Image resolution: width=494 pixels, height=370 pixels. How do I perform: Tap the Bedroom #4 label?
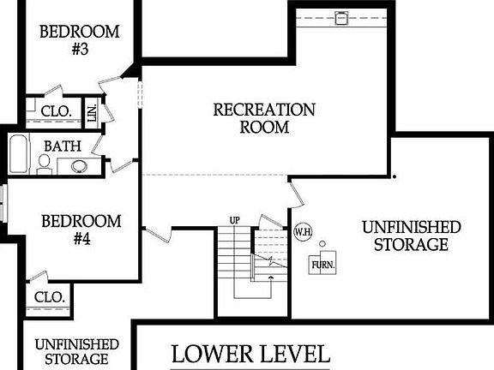81,230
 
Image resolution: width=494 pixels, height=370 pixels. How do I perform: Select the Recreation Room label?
264,118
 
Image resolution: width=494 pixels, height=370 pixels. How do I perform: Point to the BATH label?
63,146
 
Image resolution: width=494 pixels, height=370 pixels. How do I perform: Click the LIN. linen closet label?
92,112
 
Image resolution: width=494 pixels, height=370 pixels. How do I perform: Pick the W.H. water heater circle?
302,231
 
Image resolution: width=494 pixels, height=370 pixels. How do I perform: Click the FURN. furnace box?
323,264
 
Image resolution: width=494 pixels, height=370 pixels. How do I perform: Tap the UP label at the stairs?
234,220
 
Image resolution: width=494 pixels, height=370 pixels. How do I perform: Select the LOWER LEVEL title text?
250,353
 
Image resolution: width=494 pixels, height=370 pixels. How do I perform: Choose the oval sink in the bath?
79,166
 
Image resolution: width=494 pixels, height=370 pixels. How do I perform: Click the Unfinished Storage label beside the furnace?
412,236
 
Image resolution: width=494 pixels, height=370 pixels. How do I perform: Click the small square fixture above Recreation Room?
341,16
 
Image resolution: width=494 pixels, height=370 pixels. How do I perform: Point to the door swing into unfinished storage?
297,195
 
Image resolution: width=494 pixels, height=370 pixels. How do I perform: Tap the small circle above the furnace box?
322,244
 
